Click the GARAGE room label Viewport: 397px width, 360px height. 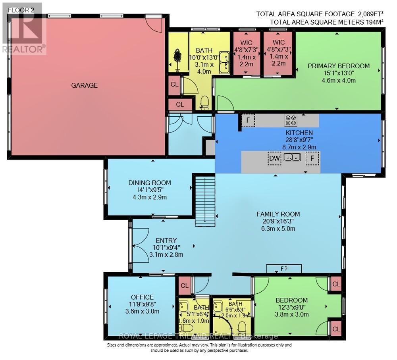[x=84, y=85]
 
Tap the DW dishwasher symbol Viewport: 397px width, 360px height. [x=274, y=158]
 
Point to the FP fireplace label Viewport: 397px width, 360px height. [x=284, y=269]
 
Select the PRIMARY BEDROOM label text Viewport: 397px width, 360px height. [x=338, y=66]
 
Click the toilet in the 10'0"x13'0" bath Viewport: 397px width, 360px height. [x=204, y=102]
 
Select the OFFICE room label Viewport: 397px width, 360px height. [x=142, y=297]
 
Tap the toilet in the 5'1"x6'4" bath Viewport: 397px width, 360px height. [x=186, y=327]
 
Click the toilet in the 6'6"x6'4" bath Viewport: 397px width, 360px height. [x=242, y=328]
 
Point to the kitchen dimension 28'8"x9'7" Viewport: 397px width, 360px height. [x=299, y=140]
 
